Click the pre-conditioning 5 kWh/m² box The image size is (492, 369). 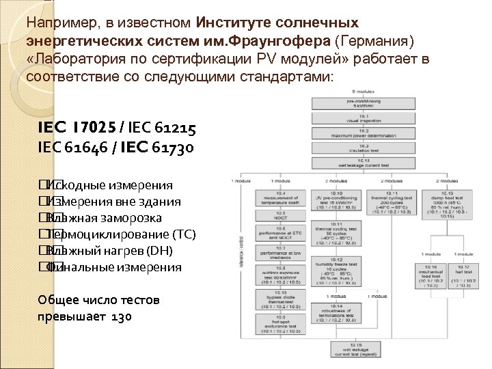coord(361,104)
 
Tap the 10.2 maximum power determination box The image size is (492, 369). coord(361,134)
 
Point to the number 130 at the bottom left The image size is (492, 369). coord(120,318)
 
